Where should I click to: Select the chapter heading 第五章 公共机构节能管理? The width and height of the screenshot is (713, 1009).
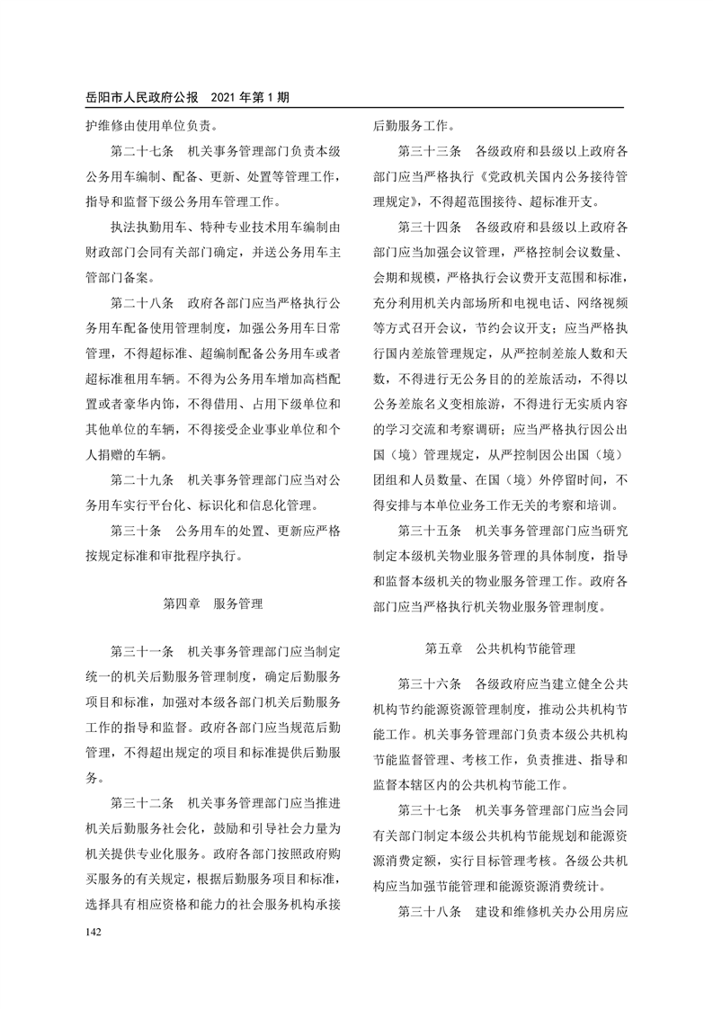point(500,647)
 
